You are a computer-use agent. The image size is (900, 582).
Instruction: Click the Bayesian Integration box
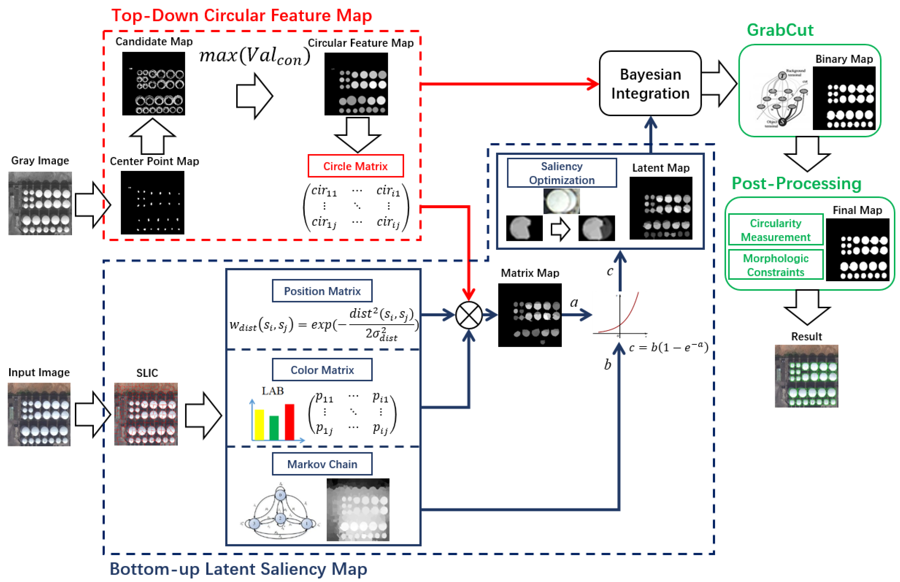tap(650, 84)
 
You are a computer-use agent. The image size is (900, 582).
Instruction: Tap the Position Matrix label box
tap(322, 291)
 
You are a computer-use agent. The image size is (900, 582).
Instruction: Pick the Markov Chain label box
tap(322, 464)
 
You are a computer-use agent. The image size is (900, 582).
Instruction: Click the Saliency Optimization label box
tap(561, 173)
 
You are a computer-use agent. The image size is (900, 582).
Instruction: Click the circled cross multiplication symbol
tap(468, 315)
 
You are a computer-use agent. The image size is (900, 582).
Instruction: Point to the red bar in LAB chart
tap(289, 421)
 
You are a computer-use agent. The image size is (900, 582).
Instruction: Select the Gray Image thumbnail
tap(40, 203)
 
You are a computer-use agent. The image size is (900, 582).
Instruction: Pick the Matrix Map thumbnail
tap(529, 315)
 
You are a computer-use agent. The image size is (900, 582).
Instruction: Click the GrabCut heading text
tap(780, 30)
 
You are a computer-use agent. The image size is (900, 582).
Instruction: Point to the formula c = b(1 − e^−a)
tap(668, 347)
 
